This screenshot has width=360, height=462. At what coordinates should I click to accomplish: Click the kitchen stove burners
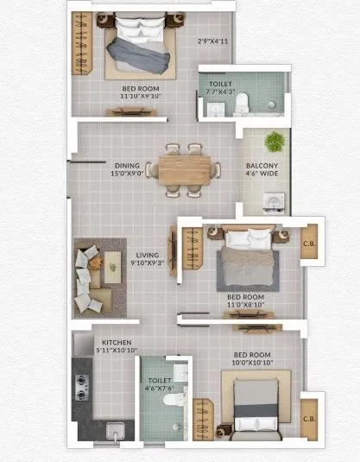(x=84, y=383)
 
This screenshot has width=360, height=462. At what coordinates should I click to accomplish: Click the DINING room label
(x=127, y=164)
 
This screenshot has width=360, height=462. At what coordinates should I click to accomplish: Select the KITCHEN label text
(x=117, y=342)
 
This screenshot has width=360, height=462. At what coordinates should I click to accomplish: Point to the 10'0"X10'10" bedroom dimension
(x=251, y=363)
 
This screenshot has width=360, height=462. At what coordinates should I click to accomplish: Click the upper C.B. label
(x=309, y=244)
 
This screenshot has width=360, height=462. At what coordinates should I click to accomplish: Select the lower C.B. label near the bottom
(x=309, y=420)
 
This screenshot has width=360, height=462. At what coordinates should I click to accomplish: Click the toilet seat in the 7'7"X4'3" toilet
(x=242, y=103)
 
